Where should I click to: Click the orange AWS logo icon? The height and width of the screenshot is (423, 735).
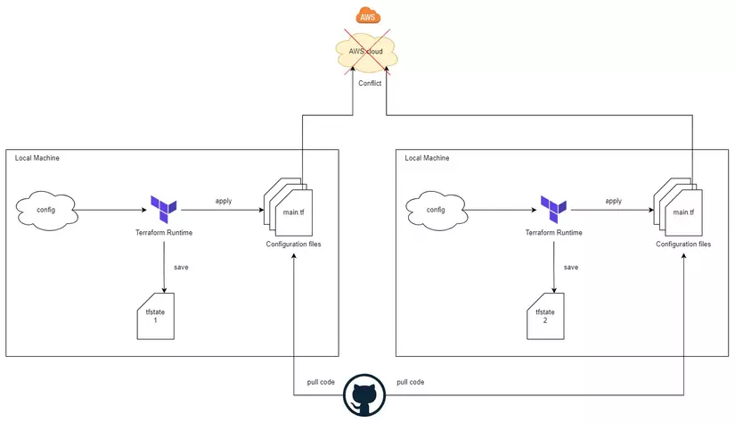tap(368, 15)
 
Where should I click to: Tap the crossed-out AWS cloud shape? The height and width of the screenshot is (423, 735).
tap(366, 52)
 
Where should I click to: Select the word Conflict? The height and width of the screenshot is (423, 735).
tap(370, 83)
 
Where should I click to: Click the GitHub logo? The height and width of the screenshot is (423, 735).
tap(364, 394)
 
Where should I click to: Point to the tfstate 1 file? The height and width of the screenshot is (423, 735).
tap(156, 316)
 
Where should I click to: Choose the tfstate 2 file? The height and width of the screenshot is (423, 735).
tap(545, 316)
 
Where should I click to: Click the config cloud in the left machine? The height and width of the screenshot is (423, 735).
tap(46, 211)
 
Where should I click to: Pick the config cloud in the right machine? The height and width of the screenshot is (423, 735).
tap(437, 211)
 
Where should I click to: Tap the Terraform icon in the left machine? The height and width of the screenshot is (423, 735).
tap(164, 209)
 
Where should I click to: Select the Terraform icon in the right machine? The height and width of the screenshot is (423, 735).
tap(553, 209)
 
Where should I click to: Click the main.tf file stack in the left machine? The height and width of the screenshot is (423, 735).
tap(289, 207)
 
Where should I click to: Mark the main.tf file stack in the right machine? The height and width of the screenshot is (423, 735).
tap(678, 207)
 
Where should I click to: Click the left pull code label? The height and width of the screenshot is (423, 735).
tap(321, 382)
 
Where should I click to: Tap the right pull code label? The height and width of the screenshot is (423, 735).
tap(410, 382)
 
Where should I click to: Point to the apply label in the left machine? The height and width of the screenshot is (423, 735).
tap(224, 201)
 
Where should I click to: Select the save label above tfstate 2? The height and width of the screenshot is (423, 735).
tap(571, 267)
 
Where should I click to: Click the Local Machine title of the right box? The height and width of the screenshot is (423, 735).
tap(427, 158)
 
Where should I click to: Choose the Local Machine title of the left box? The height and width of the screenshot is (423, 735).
tap(37, 158)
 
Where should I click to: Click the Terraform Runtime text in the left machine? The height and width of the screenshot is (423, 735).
tap(164, 232)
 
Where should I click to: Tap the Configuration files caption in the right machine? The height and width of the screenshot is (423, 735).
tap(683, 245)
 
